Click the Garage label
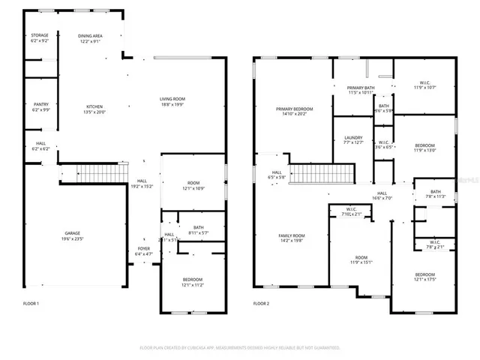point(72,234)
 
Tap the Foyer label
point(143,249)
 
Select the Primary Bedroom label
point(294,109)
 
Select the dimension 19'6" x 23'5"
point(72,240)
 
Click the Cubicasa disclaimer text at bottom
point(240,347)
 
